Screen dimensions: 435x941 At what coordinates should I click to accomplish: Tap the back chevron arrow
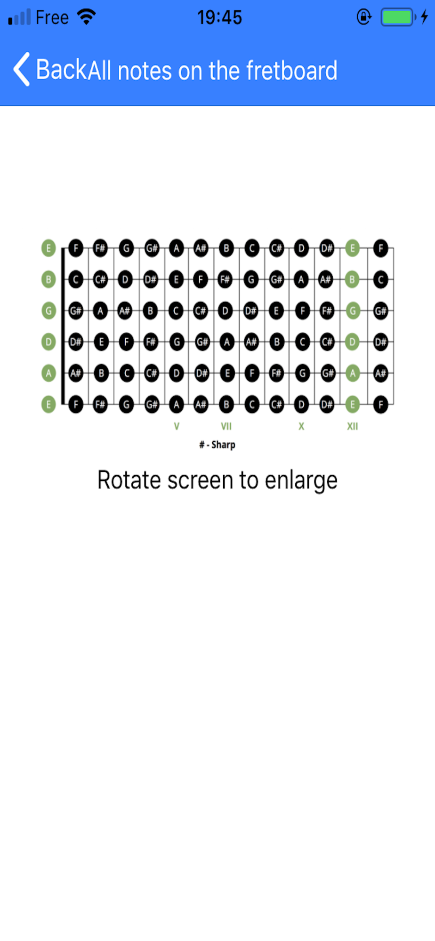coord(21,69)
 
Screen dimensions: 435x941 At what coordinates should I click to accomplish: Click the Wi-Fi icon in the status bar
coord(87,17)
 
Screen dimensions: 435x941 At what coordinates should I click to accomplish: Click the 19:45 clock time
coord(219,17)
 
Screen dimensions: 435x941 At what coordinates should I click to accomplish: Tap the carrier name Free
coord(52,17)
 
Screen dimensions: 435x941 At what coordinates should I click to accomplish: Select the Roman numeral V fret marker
coord(177,426)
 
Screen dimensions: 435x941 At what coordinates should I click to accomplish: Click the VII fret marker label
coord(226,426)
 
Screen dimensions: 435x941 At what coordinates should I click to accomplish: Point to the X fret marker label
coord(301,426)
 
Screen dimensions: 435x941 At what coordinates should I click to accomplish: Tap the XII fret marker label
coord(352,426)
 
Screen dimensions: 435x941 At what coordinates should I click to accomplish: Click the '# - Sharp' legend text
coord(217,445)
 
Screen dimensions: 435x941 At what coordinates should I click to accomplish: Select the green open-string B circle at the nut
coord(48,279)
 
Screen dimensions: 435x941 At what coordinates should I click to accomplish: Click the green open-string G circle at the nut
coord(48,311)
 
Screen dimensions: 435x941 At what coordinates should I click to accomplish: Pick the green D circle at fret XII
coord(352,342)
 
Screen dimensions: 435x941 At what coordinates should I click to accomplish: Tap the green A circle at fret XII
coord(352,374)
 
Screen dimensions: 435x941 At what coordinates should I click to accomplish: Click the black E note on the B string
coord(176,279)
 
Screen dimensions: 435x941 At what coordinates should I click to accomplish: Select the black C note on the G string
coord(176,311)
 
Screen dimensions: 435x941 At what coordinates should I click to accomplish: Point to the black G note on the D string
coord(177,342)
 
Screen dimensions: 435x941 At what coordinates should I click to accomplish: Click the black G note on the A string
coord(302,374)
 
